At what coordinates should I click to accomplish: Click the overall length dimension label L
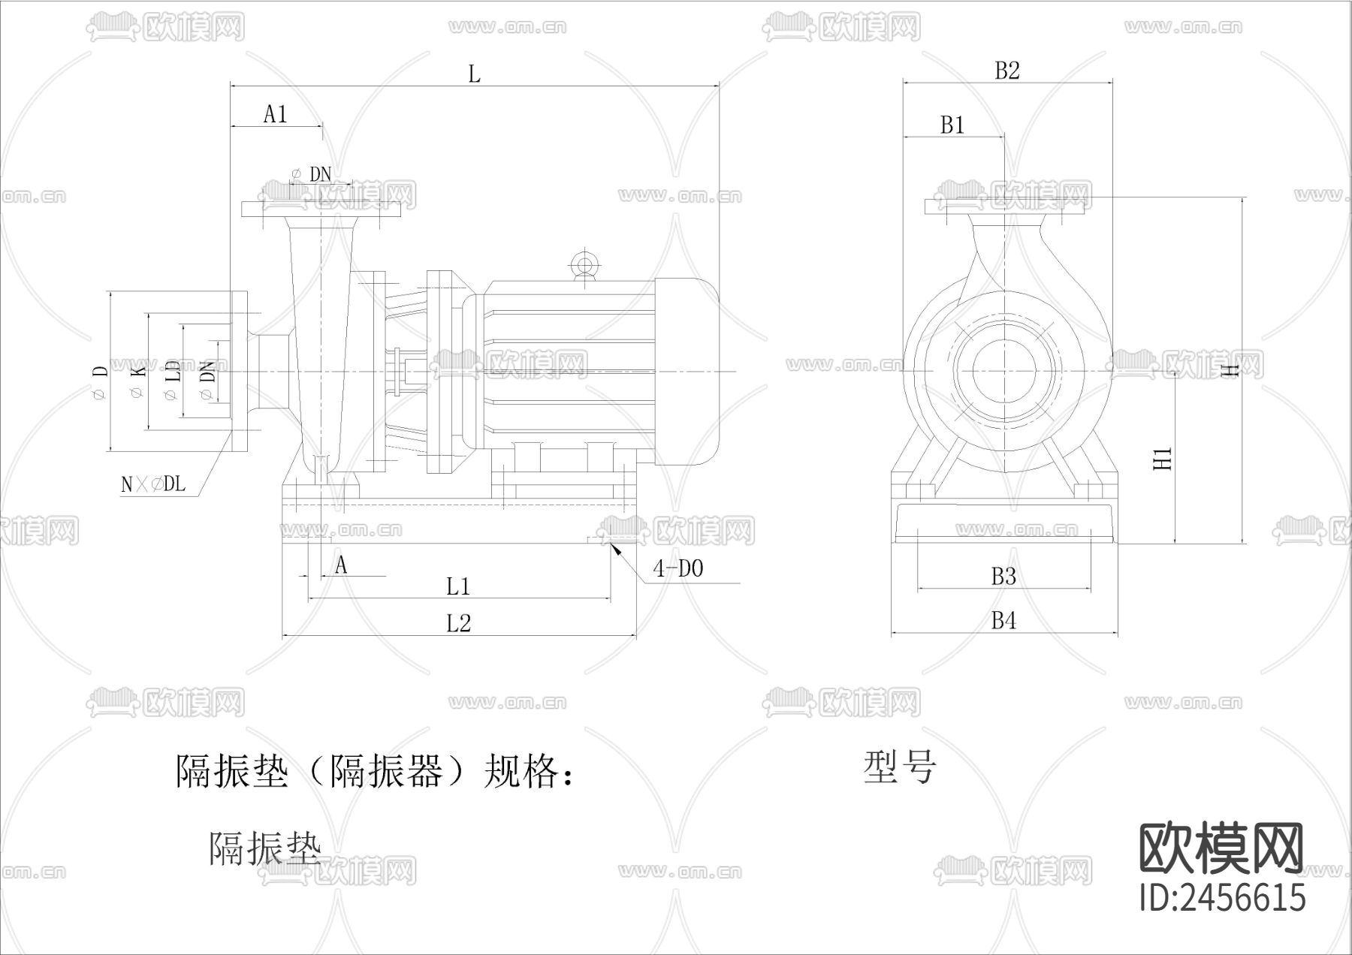tap(474, 74)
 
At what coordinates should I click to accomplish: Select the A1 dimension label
tap(276, 114)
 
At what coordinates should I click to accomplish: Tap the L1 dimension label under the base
tap(458, 586)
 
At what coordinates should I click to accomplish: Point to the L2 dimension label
tap(458, 623)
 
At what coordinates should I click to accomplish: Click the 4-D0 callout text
tap(678, 569)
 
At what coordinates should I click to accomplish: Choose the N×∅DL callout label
tap(153, 484)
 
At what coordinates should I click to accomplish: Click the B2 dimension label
tap(1007, 71)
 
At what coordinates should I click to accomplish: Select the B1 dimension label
tap(952, 125)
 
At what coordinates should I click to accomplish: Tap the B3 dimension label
tap(1003, 577)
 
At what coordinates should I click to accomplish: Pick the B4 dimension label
tap(1003, 621)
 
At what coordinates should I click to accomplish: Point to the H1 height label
tap(1163, 458)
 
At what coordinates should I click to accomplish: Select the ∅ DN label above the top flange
tap(312, 174)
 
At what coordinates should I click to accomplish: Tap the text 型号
tap(900, 767)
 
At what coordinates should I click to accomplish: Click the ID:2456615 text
tap(1223, 897)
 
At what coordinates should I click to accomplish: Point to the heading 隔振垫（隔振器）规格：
tap(376, 772)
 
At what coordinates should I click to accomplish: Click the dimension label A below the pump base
tap(341, 565)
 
